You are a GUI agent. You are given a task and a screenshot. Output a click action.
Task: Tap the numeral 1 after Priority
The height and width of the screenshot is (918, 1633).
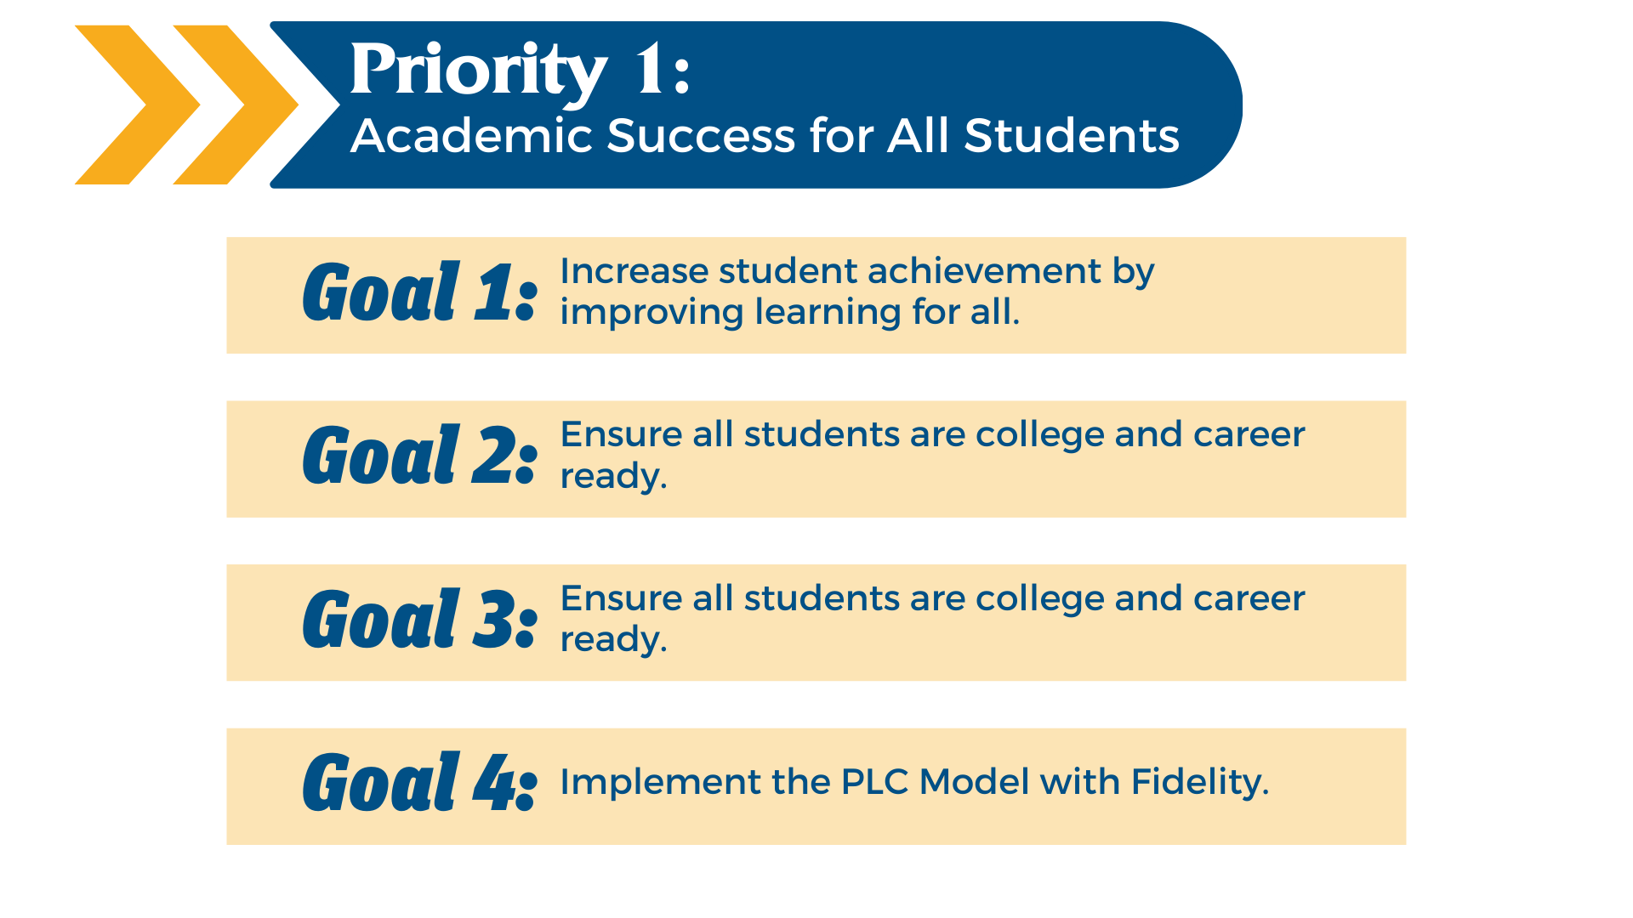[650, 69]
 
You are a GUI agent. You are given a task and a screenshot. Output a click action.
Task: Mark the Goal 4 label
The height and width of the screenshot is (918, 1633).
[420, 782]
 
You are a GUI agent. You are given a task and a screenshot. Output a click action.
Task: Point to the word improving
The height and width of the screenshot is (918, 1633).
[651, 313]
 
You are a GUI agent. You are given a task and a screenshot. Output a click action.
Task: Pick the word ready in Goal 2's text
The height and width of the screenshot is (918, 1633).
[613, 477]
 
